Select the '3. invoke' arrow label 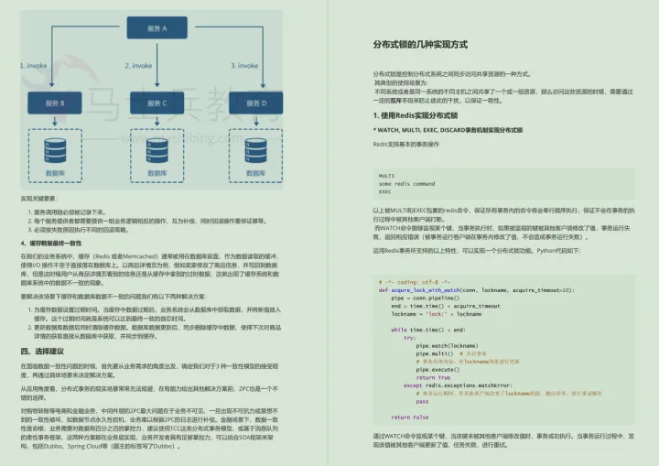[247, 65]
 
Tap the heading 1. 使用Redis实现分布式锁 [415, 115]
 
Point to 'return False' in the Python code [409, 417]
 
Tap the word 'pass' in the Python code [422, 401]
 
